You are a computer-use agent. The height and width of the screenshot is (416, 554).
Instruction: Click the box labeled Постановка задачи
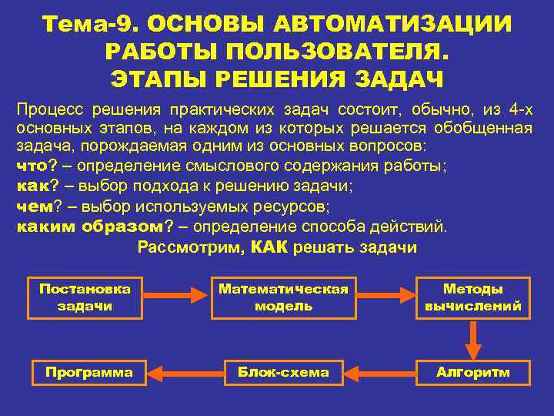tap(85, 297)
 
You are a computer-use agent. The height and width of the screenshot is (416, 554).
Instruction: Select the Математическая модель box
tap(283, 297)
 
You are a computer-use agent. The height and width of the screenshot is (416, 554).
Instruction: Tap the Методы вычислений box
tap(472, 297)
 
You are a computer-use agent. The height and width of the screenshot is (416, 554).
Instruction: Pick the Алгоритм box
tap(472, 373)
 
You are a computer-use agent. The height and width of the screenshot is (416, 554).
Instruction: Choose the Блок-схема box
tap(283, 373)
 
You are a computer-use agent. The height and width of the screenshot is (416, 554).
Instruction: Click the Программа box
tap(88, 373)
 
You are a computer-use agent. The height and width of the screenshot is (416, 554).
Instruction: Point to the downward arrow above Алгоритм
tap(472, 337)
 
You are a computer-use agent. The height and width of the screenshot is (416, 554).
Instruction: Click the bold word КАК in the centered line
tap(269, 247)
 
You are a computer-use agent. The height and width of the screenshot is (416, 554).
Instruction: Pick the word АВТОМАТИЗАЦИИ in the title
tap(398, 24)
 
